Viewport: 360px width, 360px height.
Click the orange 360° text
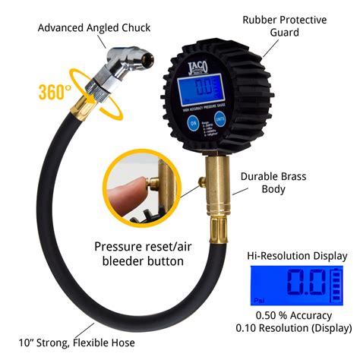point(55,93)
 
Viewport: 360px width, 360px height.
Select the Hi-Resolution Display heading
point(296,256)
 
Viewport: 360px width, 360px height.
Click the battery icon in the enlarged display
point(334,287)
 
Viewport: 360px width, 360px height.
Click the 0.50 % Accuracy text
point(296,315)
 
